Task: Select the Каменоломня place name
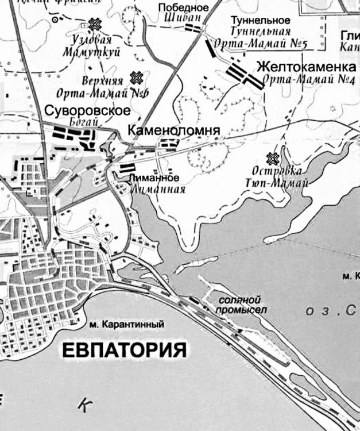173,130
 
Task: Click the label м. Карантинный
127,325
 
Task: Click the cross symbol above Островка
273,157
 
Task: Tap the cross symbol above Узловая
94,24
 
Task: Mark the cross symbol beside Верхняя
137,77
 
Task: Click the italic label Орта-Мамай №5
253,43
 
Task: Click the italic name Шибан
189,18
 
